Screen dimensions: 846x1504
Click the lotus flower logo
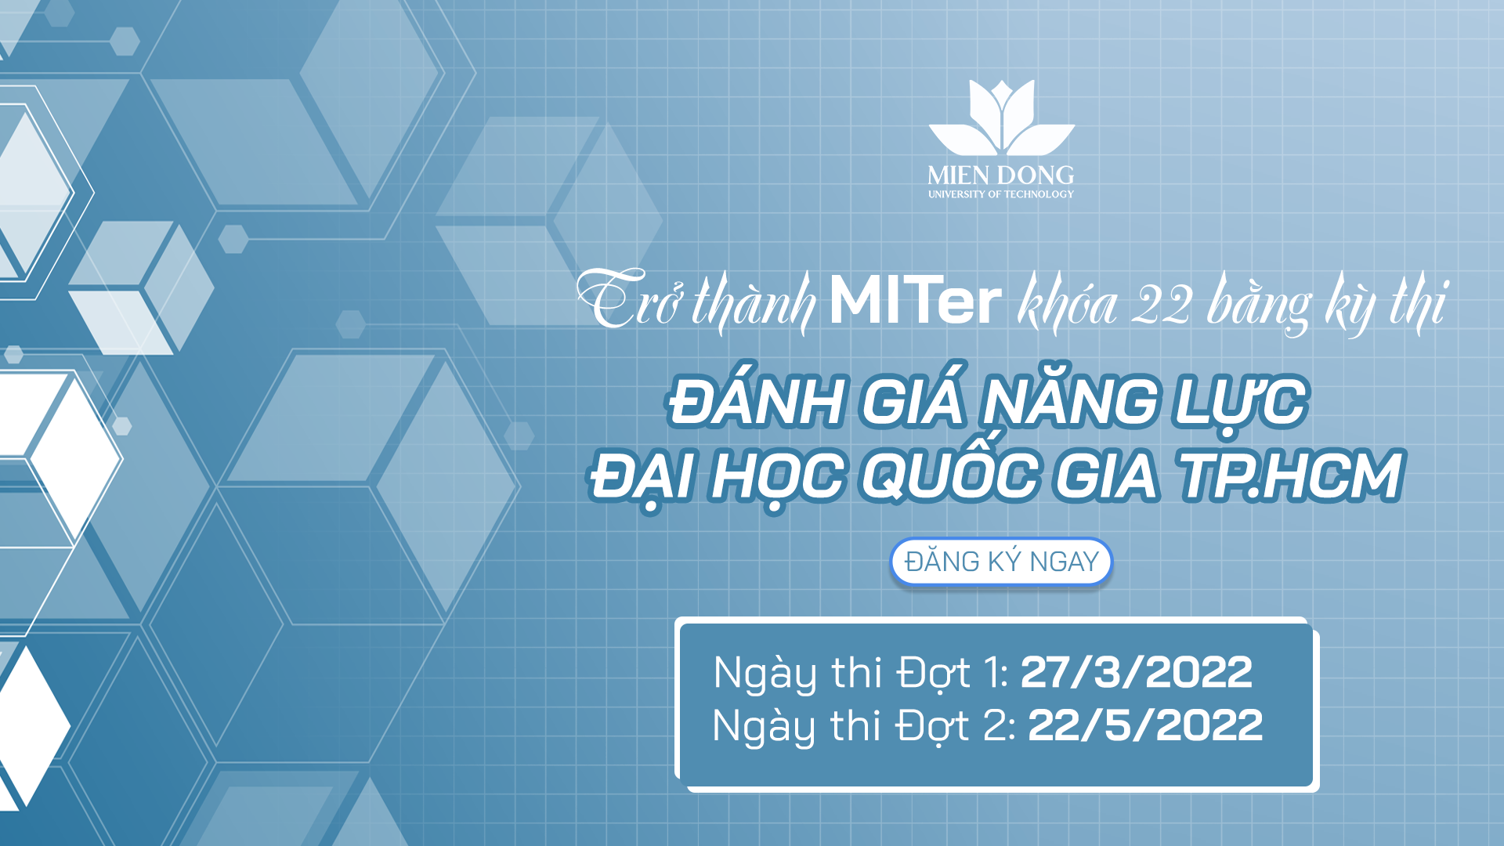[x=1001, y=117]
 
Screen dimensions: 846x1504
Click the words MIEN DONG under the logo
[x=1001, y=175]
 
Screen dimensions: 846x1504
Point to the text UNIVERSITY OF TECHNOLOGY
[x=1001, y=194]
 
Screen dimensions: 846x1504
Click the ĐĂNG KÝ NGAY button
[x=1001, y=562]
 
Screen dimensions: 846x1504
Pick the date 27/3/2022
[x=1136, y=672]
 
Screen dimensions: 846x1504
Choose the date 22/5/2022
[x=1144, y=725]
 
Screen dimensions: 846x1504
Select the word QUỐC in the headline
[x=950, y=475]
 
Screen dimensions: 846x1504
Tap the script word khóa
[x=1067, y=304]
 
